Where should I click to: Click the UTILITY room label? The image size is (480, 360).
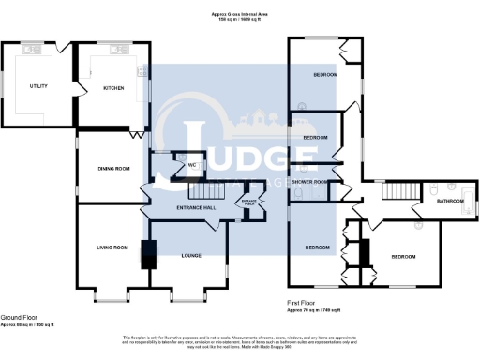pos(38,86)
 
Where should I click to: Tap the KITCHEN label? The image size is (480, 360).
pos(113,88)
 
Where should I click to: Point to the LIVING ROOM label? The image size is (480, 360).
pos(112,247)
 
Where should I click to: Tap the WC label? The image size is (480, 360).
pos(191,166)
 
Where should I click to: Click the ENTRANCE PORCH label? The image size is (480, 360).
pos(250,202)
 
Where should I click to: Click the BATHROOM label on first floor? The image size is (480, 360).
pos(449,200)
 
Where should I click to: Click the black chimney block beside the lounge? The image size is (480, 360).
pos(147,255)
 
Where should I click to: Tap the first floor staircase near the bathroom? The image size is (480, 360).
pos(398,193)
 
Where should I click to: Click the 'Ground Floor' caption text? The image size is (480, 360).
pos(18,318)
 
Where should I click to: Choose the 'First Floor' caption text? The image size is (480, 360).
pos(302,303)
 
